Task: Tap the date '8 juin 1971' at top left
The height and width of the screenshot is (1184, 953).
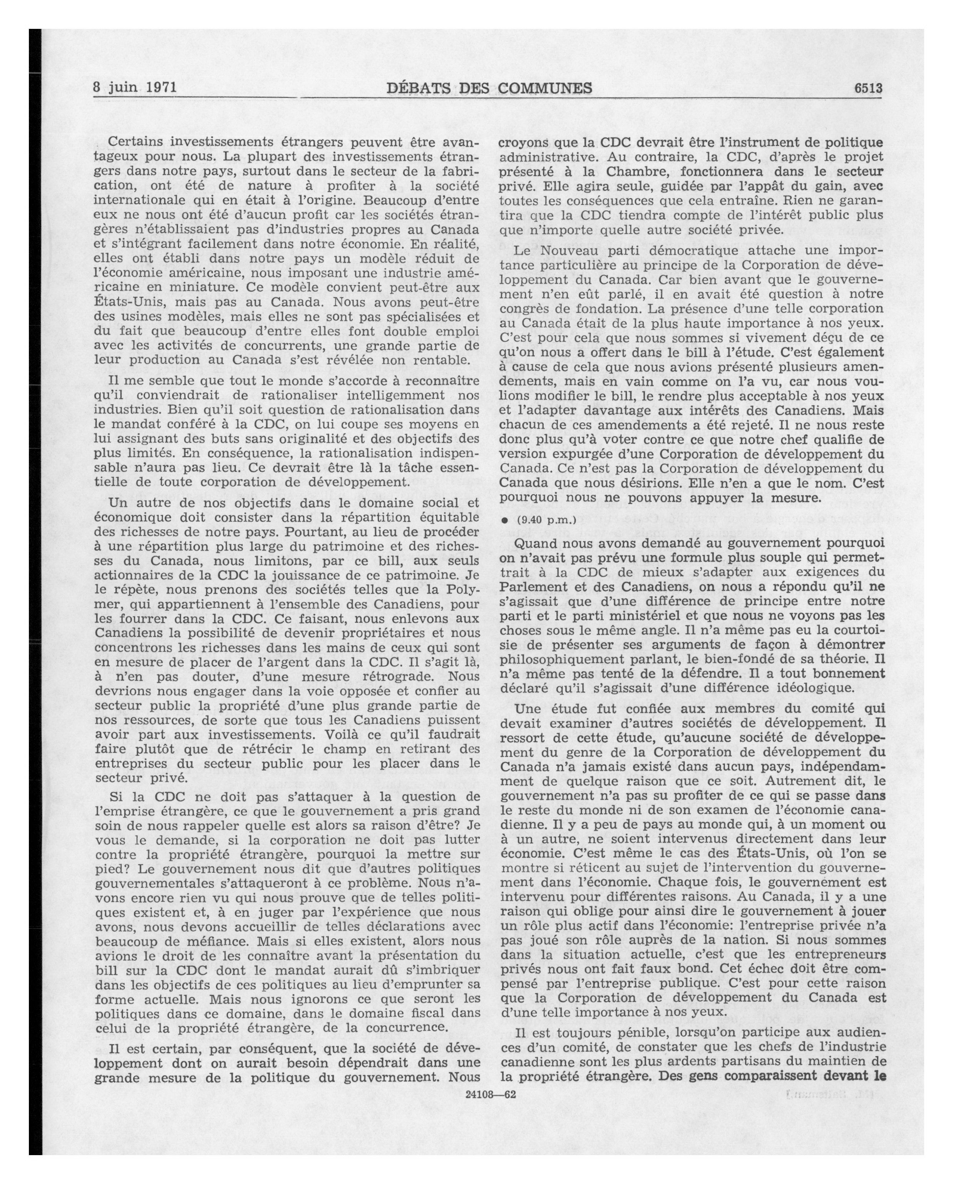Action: pos(134,88)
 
